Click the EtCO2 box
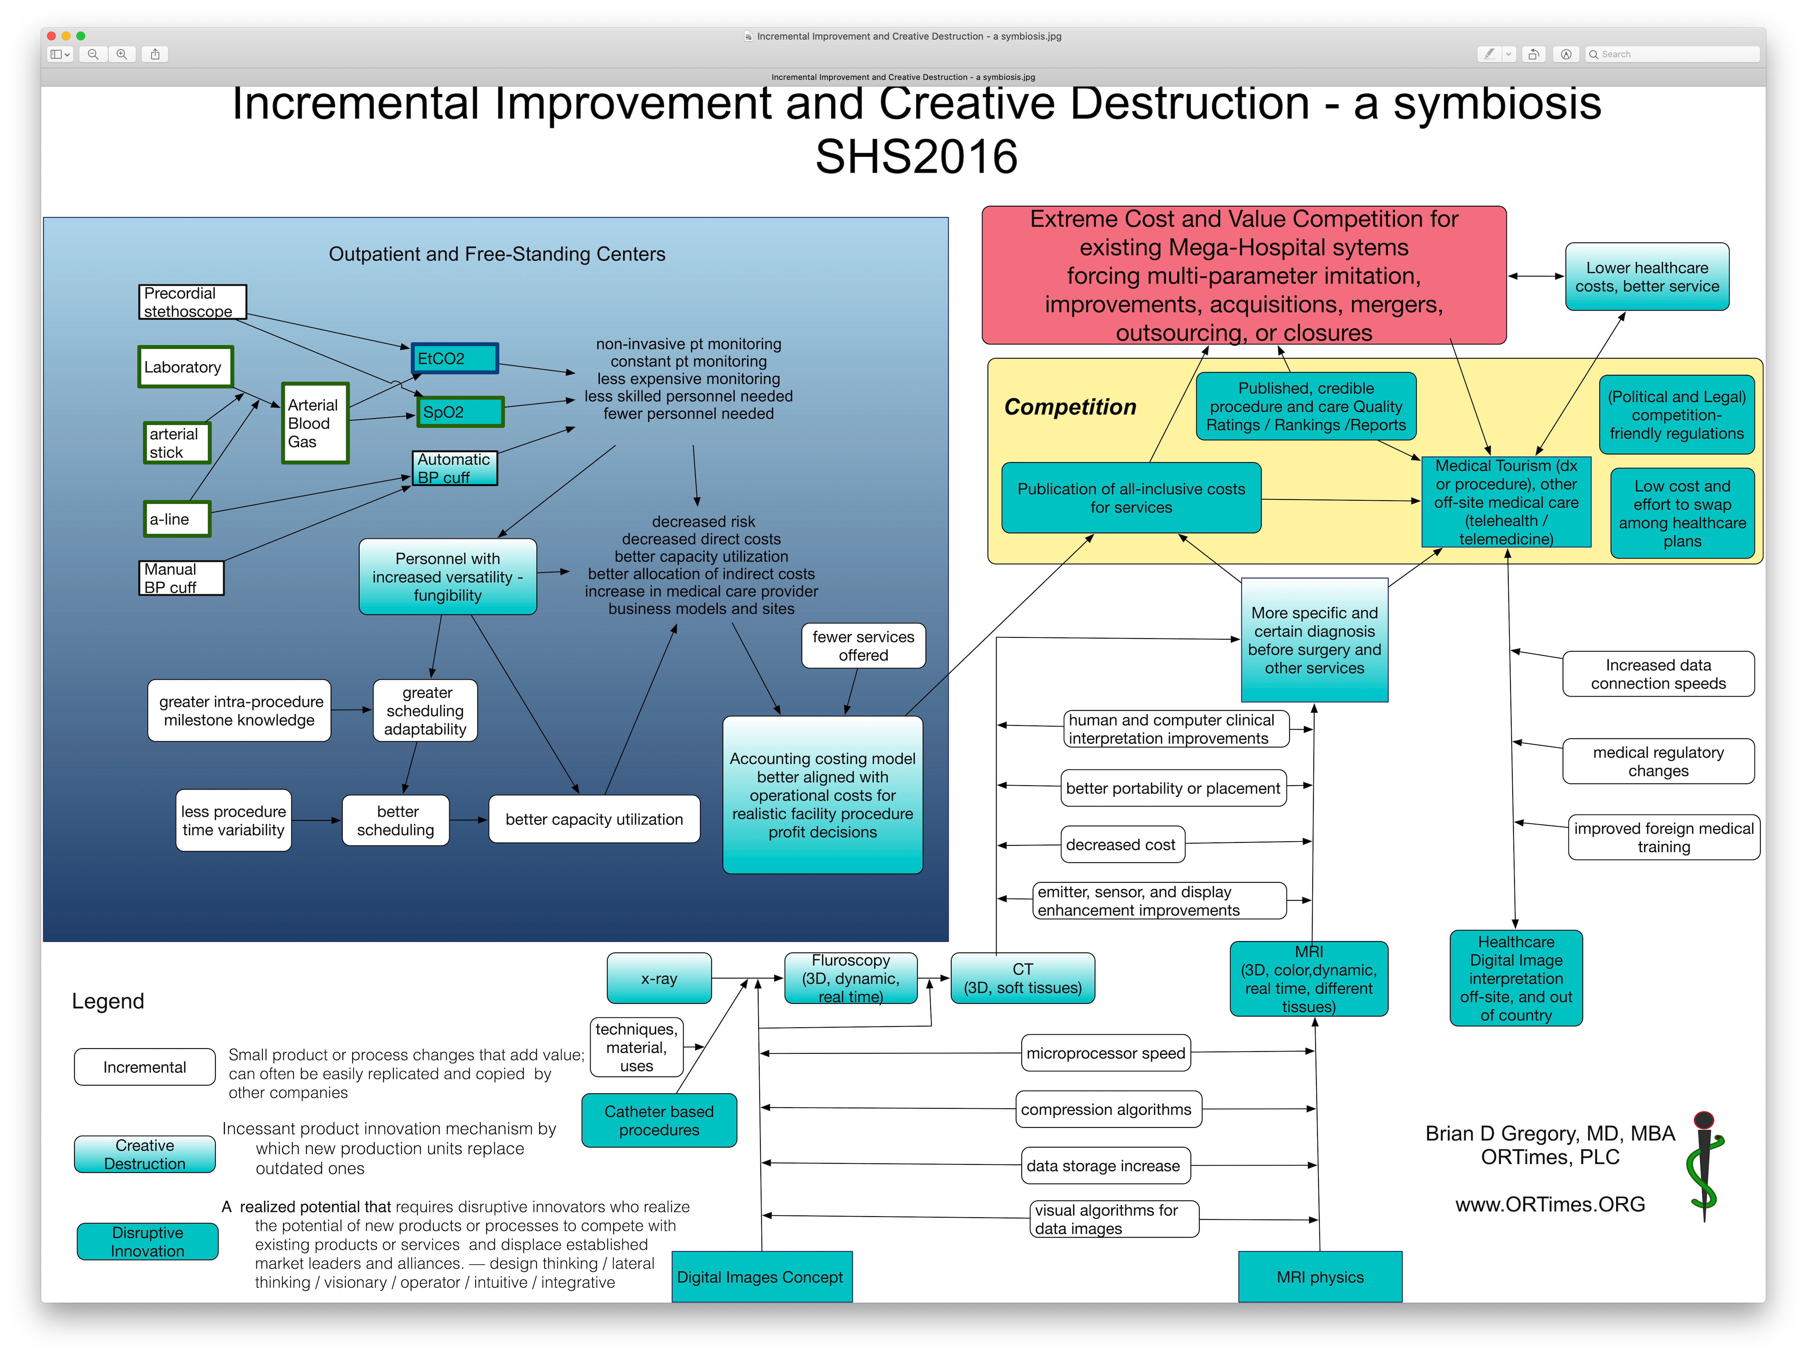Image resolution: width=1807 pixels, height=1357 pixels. coord(454,358)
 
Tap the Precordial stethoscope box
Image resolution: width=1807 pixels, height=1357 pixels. coord(192,302)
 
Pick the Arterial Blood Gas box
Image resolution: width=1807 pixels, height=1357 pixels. coord(315,423)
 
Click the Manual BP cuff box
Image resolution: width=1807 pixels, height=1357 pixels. coord(181,578)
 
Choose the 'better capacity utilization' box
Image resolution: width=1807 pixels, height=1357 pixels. coord(594,819)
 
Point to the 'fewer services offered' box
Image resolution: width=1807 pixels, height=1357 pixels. coord(863,646)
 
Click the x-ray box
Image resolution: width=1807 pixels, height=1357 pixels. coord(658,978)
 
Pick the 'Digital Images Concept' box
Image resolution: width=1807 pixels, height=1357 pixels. coord(760,1277)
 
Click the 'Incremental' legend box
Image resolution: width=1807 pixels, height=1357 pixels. coord(145,1067)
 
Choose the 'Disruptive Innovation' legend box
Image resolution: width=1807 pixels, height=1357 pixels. coord(148,1241)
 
